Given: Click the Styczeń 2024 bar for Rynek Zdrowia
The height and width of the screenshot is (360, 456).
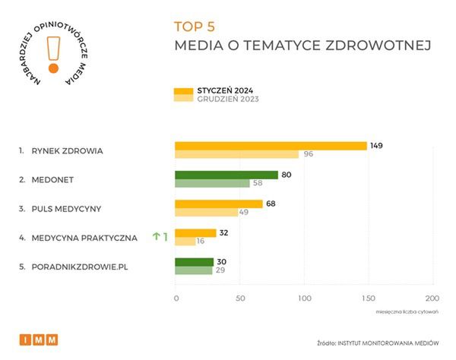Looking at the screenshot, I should coord(271,146).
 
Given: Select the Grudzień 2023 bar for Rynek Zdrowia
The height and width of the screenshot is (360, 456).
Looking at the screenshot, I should coord(236,155).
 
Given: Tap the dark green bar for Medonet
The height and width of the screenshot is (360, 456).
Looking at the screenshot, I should coord(226,175).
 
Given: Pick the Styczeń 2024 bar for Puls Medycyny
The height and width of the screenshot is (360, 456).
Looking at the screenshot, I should coord(219,204).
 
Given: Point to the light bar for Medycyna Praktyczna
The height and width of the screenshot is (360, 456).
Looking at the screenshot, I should coord(185,242).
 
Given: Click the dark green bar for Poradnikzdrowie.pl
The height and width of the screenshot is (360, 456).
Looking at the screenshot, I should coord(194,262).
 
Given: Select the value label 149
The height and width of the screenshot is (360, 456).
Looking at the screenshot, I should coord(377,145).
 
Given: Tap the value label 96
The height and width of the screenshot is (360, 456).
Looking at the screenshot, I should coord(309,155).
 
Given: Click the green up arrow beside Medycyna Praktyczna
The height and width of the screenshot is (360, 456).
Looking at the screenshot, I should coord(156,237).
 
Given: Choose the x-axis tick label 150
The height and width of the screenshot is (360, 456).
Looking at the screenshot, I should coord(368,298).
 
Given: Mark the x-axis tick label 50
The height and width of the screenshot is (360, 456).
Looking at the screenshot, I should coord(239,298).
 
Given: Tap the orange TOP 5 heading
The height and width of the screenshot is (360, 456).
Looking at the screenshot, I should coord(195,26).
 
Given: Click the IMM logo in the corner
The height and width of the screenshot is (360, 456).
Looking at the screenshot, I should coord(39,339).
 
